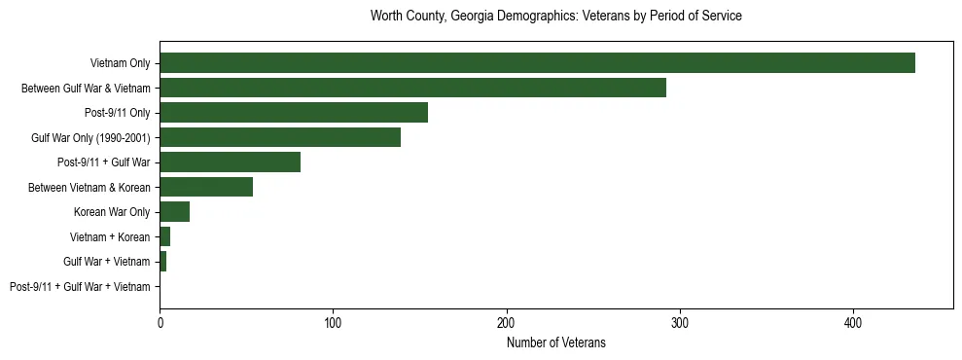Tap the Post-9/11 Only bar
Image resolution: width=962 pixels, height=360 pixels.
click(294, 113)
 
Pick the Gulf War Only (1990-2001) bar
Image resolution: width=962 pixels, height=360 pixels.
click(280, 137)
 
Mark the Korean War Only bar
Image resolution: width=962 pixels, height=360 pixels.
click(175, 212)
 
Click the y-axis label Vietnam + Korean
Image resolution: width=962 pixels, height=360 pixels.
click(110, 237)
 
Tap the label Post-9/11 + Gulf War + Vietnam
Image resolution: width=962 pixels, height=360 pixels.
click(80, 287)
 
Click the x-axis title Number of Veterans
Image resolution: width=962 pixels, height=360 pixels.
click(555, 342)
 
